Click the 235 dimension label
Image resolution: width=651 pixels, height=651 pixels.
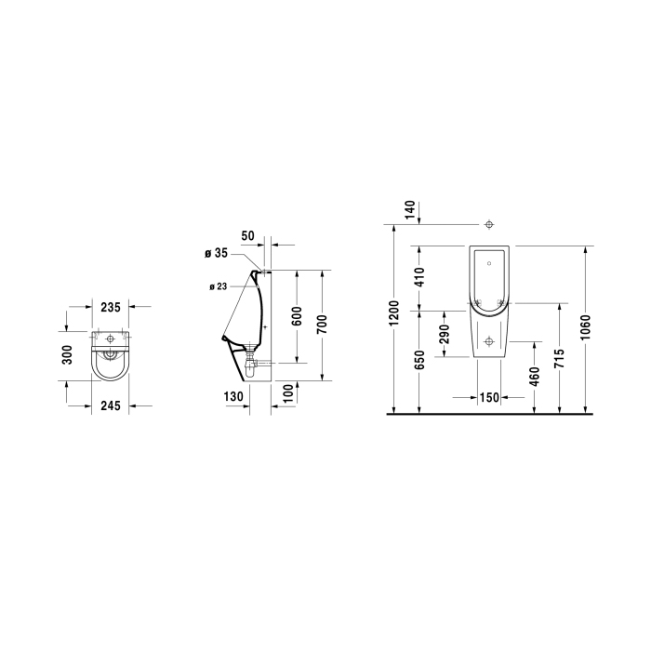pyautogui.click(x=111, y=307)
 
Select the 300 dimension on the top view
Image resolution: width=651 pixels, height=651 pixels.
pyautogui.click(x=67, y=355)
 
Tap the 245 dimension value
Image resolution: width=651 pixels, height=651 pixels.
pyautogui.click(x=111, y=405)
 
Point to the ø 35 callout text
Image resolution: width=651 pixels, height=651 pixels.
pyautogui.click(x=217, y=253)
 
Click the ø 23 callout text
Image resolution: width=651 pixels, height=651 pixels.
pyautogui.click(x=219, y=286)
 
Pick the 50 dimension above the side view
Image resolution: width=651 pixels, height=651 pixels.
pyautogui.click(x=247, y=236)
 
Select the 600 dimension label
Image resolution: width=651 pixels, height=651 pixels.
pyautogui.click(x=298, y=316)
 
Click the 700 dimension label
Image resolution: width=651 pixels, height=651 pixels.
pyautogui.click(x=322, y=325)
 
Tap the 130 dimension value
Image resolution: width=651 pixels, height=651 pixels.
pyautogui.click(x=233, y=397)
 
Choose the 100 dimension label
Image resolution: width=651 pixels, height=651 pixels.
pyautogui.click(x=287, y=392)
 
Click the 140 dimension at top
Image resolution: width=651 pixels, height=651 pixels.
pyautogui.click(x=409, y=210)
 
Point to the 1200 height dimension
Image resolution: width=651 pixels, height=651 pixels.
pyautogui.click(x=394, y=313)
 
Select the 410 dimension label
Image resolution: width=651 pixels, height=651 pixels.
pyautogui.click(x=420, y=277)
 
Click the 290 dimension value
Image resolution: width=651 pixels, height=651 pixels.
pyautogui.click(x=445, y=334)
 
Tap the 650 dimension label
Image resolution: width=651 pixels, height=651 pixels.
pyautogui.click(x=420, y=360)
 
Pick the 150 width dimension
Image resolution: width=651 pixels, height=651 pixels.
pyautogui.click(x=489, y=398)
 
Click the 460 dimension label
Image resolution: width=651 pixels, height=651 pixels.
pyautogui.click(x=535, y=376)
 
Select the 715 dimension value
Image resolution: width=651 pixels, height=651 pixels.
pyautogui.click(x=559, y=358)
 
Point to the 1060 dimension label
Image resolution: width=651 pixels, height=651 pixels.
pyautogui.click(x=585, y=327)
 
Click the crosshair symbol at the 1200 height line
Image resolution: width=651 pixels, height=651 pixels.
pyautogui.click(x=489, y=225)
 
